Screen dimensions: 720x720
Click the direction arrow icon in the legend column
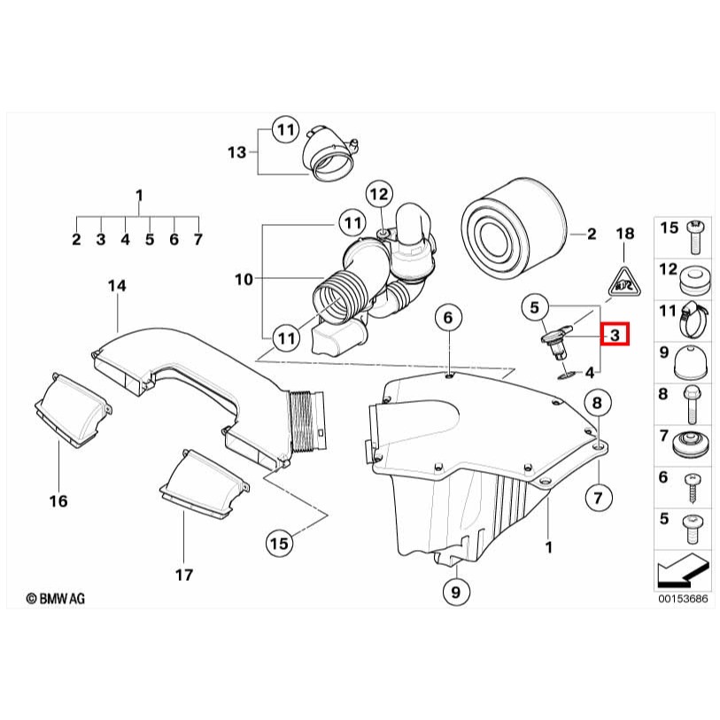(682, 574)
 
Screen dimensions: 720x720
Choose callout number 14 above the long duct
(117, 285)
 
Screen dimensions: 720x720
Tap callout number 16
(58, 501)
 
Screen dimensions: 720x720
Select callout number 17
(183, 575)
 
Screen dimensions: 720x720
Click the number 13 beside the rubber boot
(236, 152)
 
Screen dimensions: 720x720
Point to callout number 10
(244, 280)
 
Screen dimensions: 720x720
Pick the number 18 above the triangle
(625, 234)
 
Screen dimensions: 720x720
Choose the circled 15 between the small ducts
(280, 543)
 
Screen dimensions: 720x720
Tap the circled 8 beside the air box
(597, 405)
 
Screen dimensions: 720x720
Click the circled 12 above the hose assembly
(379, 193)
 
